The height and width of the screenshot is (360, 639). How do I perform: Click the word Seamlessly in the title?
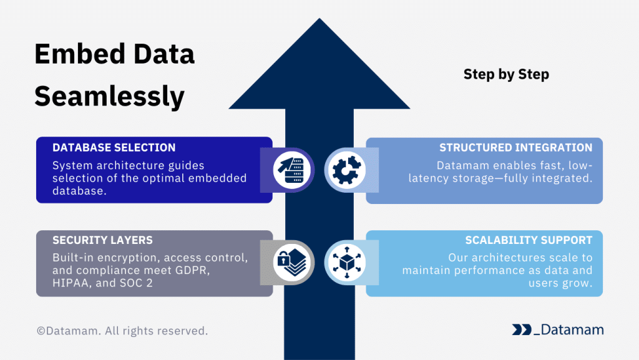point(109,97)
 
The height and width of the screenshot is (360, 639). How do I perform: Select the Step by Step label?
point(506,74)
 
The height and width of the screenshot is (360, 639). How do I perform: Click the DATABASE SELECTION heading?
point(114,148)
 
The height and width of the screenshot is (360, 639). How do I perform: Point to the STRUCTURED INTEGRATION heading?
point(515,148)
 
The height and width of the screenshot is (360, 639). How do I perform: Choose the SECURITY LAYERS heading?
point(102,240)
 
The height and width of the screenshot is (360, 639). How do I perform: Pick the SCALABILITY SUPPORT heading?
point(529,240)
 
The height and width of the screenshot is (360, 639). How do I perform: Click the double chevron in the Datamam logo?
point(521,330)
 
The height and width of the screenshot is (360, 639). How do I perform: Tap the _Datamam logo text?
point(568,330)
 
